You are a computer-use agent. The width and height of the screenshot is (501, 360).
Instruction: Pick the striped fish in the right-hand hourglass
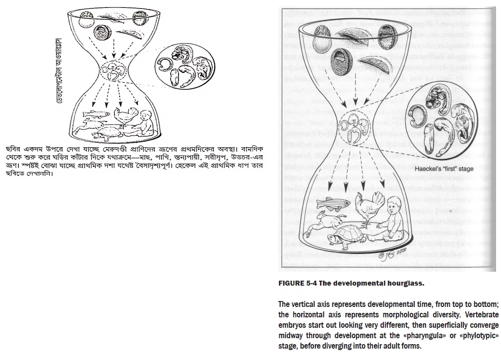point(332,203)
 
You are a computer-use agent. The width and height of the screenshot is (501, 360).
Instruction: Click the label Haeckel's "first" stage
point(444,169)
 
